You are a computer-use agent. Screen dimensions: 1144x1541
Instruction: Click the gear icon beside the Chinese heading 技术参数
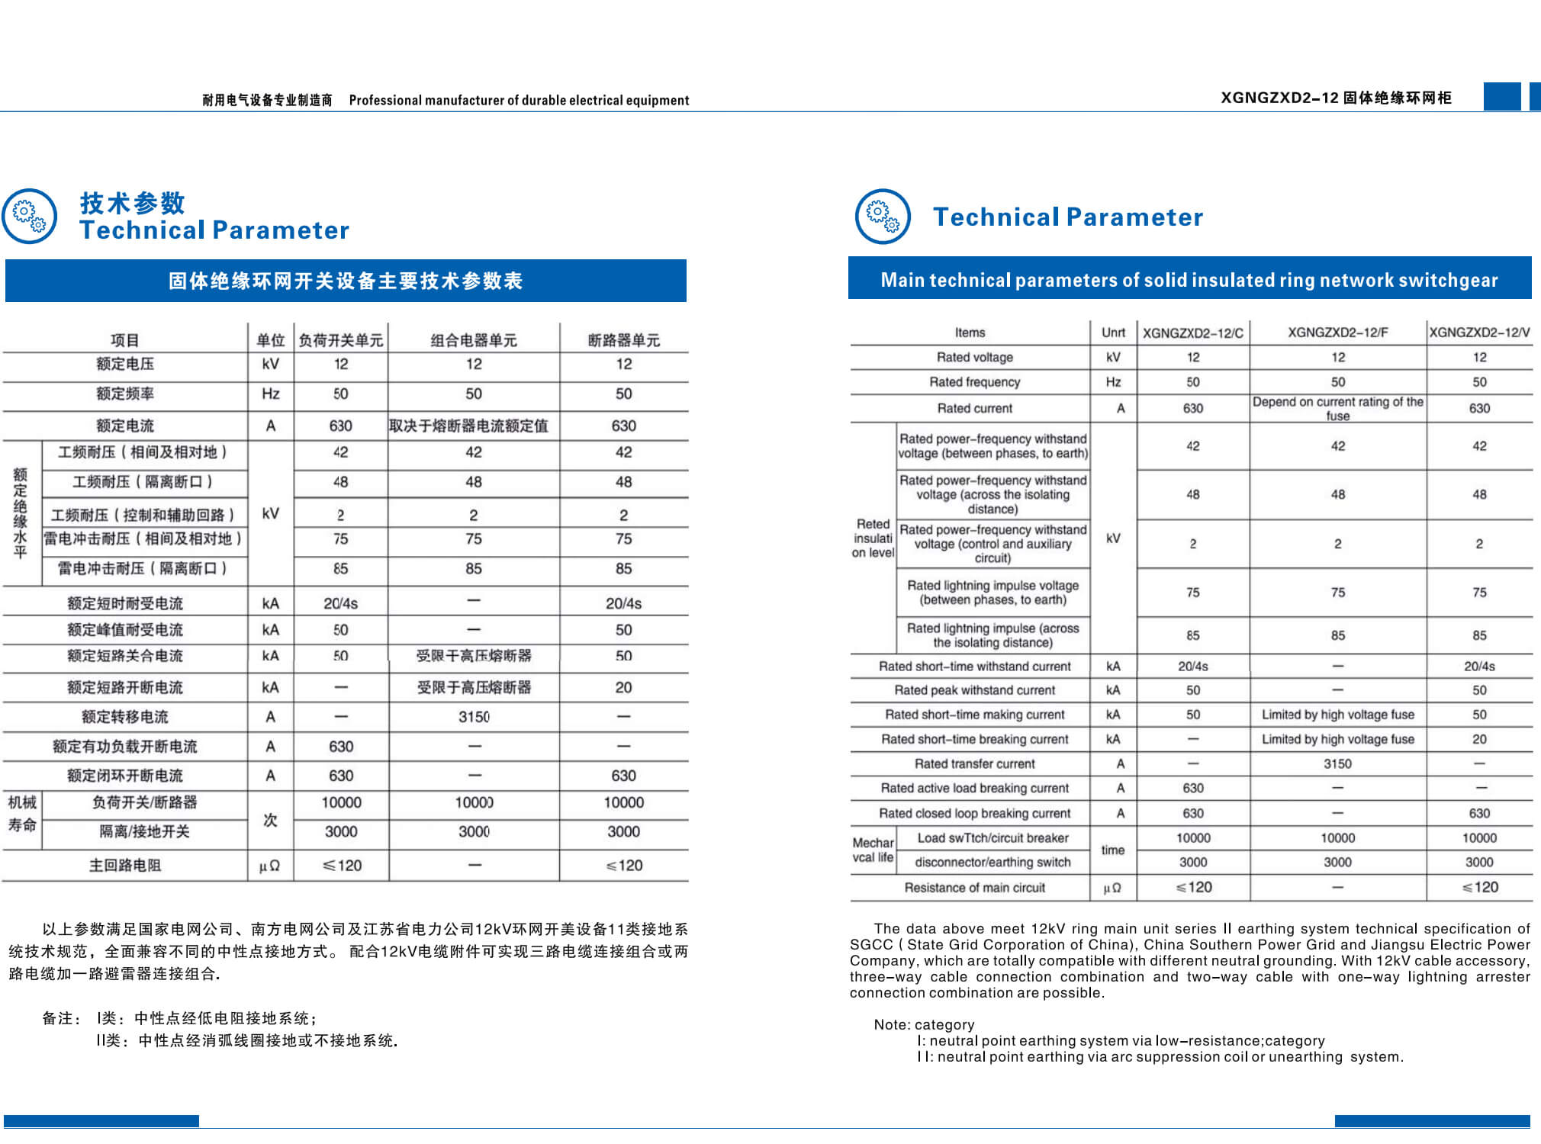30,217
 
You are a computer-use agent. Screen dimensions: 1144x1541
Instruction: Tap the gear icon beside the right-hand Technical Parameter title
883,217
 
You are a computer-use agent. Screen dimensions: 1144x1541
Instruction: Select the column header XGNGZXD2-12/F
1337,333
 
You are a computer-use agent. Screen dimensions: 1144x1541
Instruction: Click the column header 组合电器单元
473,340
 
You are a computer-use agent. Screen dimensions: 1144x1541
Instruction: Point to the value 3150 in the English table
1337,763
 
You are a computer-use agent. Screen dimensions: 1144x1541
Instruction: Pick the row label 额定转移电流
125,717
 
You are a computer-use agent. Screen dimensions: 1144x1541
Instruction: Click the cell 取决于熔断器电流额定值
468,426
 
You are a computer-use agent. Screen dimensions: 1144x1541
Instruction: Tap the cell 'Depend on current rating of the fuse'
1337,408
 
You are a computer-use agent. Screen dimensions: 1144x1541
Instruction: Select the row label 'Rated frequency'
974,382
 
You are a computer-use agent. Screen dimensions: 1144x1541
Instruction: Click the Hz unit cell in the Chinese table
270,394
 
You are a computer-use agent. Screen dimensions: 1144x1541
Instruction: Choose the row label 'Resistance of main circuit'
974,888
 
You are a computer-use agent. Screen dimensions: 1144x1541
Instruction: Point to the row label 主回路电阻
125,866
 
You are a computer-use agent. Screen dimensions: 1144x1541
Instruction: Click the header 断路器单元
623,340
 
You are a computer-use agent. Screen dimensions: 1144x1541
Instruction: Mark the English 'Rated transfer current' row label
974,763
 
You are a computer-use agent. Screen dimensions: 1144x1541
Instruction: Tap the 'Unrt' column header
1113,333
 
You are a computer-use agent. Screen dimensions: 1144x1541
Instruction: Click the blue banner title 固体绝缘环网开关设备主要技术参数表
346,281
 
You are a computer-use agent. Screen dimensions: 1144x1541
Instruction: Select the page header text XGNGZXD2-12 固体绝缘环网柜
1336,98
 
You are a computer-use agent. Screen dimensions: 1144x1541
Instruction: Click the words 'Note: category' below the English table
924,1024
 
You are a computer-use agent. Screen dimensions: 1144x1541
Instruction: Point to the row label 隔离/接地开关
144,831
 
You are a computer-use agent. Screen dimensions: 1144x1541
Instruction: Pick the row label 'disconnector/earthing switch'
992,863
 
